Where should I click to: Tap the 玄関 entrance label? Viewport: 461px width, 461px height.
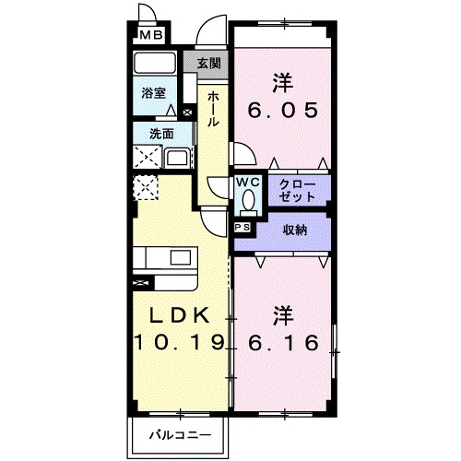(x=209, y=64)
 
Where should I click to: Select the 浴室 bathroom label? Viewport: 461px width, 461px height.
(x=153, y=93)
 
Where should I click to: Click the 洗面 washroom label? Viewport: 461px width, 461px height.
(x=162, y=134)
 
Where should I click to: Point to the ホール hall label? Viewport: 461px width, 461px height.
(x=213, y=109)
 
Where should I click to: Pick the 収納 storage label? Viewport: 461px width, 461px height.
(x=295, y=229)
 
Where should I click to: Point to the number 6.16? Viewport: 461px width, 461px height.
(x=285, y=345)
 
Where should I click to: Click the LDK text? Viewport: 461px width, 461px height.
(x=177, y=314)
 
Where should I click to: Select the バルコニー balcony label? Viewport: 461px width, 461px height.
(x=180, y=433)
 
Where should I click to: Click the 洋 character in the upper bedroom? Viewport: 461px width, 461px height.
(x=284, y=82)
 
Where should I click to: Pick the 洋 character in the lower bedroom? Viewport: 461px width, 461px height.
(x=284, y=315)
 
